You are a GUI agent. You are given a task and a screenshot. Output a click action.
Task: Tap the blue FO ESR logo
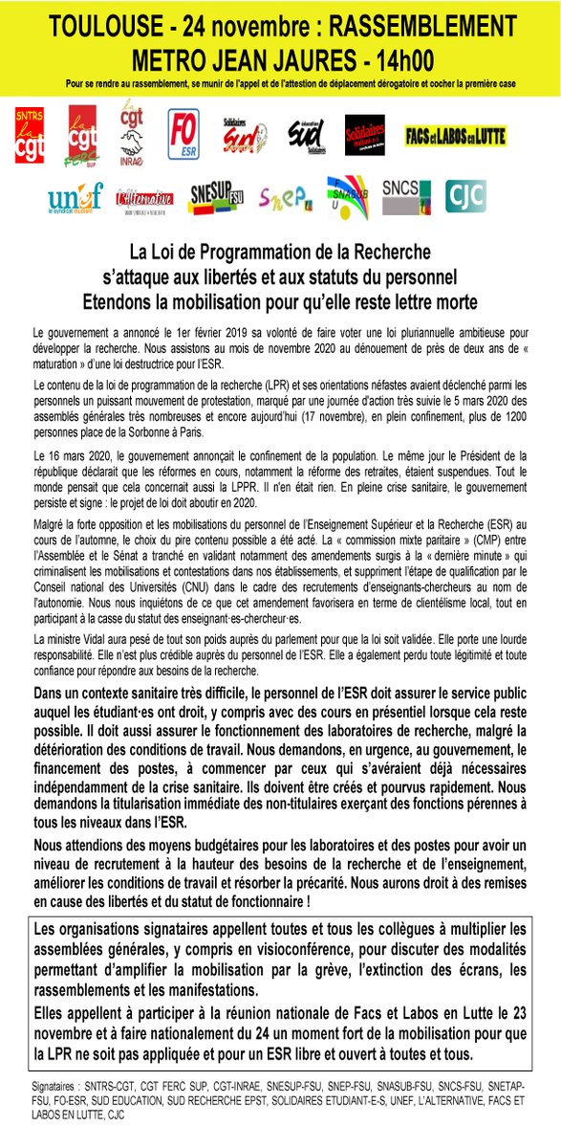click(183, 135)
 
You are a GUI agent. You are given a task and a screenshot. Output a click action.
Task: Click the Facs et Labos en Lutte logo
click(455, 135)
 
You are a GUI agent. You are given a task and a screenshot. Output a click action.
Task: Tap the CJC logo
click(467, 196)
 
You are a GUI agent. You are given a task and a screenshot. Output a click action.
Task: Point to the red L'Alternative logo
click(143, 198)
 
